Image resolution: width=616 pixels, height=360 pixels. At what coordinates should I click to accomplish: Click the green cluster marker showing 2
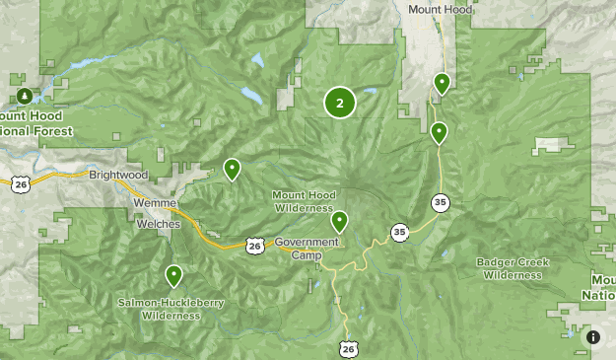(339, 103)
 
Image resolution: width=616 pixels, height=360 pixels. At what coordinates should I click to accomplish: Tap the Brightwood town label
(117, 175)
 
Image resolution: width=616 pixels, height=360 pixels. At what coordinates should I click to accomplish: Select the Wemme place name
(155, 203)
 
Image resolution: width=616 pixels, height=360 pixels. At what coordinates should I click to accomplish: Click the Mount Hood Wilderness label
(304, 201)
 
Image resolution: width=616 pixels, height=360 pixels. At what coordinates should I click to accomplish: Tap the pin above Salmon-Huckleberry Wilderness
(173, 275)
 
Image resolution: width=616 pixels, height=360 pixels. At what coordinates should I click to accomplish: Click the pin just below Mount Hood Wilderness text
(339, 220)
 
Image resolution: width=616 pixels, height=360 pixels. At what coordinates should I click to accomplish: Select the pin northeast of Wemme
(232, 169)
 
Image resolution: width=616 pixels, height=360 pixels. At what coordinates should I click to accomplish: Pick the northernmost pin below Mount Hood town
(443, 83)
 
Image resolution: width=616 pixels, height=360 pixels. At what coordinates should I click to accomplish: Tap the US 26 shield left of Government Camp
(254, 245)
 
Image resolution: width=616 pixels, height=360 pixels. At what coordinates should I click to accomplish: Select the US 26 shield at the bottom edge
(348, 348)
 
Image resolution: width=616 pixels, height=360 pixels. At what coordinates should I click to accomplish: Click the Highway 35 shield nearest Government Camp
(398, 233)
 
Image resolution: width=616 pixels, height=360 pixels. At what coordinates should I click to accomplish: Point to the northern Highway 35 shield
(440, 202)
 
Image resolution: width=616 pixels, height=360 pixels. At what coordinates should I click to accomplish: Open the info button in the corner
(593, 337)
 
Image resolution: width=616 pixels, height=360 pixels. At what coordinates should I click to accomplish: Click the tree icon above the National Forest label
(24, 96)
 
